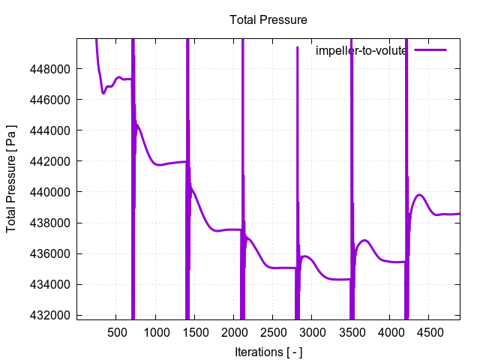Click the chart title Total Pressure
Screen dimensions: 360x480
[268, 19]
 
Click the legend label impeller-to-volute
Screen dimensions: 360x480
[361, 51]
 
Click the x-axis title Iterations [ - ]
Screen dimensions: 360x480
[268, 351]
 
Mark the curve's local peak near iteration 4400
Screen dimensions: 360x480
[420, 195]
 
